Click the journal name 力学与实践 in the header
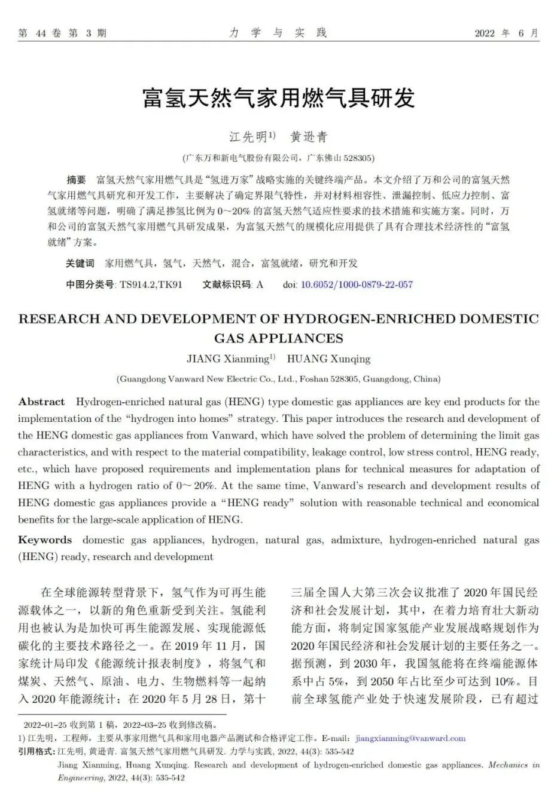(278, 33)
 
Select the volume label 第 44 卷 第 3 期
(62, 33)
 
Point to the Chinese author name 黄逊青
(309, 137)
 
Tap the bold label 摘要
(76, 180)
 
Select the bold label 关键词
(80, 264)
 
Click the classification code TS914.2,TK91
(151, 284)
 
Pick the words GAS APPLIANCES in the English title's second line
(278, 338)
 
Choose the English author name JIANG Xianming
(227, 359)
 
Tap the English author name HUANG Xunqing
(328, 359)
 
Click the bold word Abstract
(41, 402)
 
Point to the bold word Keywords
(45, 540)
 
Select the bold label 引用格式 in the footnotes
(36, 751)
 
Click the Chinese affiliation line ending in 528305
(278, 158)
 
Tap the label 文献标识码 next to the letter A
(227, 284)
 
